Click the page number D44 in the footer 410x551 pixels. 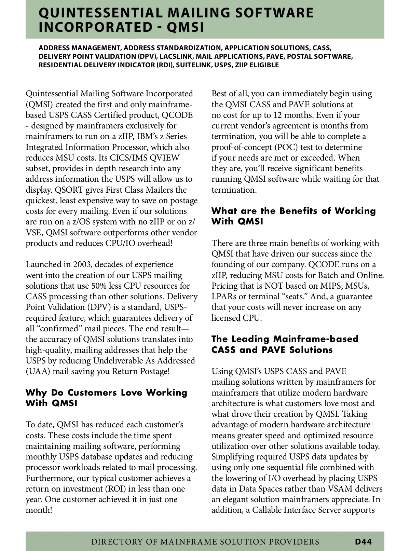[x=363, y=541]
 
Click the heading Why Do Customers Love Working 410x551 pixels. [x=106, y=392]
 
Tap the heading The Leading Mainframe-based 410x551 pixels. [x=285, y=339]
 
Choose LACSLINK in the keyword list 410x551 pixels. [x=177, y=56]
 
